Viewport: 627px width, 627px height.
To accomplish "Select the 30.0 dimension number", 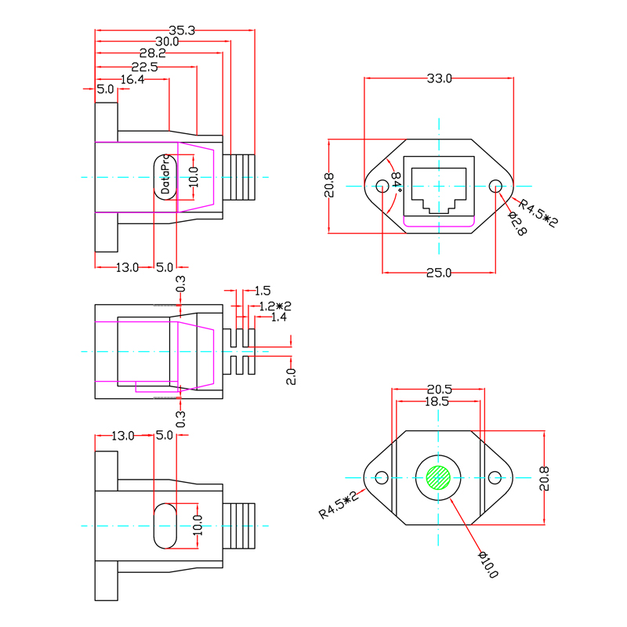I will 166,42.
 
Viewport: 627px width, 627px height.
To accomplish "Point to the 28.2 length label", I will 153,53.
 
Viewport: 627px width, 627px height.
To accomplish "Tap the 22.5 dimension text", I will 144,67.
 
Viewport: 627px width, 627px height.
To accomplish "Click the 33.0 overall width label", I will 439,78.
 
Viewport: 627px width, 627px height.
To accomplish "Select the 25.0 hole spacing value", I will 439,273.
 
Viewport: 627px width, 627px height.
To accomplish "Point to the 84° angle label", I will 397,182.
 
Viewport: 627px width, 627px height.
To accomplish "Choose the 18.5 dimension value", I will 437,401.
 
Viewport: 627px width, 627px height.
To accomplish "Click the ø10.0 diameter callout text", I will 487,564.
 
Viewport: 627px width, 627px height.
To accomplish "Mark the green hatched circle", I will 439,477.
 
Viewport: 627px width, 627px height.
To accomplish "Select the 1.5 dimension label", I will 263,291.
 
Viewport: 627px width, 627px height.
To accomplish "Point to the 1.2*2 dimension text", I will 276,306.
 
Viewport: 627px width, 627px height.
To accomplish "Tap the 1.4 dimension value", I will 278,317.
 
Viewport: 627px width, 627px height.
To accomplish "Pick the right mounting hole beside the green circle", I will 495,477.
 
